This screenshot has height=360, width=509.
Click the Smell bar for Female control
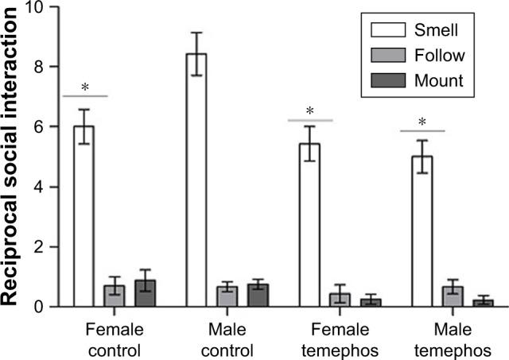(x=84, y=215)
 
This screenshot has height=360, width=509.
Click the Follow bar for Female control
(x=115, y=296)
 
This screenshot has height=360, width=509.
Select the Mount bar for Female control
(x=146, y=293)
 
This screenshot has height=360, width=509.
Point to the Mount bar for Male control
(x=258, y=296)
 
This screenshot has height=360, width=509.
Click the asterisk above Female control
(x=84, y=87)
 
